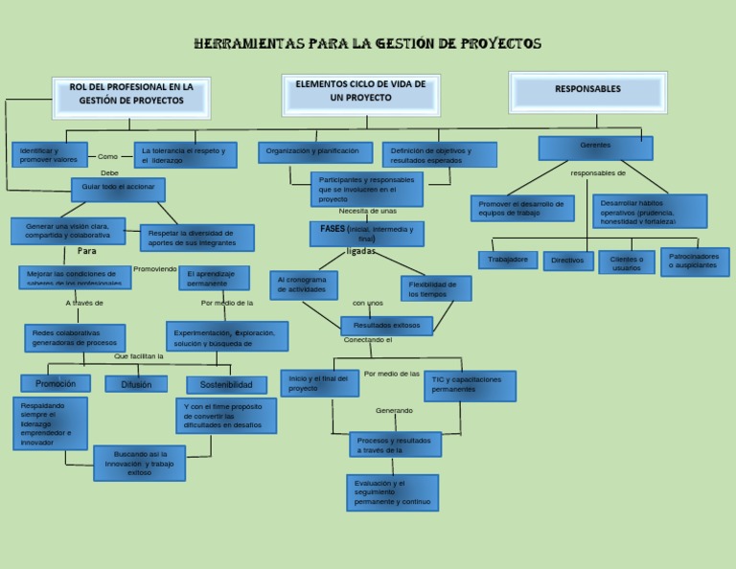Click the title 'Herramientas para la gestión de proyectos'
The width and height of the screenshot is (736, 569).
coord(367,44)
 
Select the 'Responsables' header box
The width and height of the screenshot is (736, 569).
coord(587,92)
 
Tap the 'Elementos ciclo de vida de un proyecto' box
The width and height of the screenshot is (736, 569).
coord(360,94)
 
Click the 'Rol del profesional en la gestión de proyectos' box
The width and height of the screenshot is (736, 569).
coord(131,96)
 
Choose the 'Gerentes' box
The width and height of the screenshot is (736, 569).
coord(595,148)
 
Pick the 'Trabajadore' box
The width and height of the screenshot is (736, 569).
coord(507,260)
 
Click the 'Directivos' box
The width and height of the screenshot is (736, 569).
coord(567,261)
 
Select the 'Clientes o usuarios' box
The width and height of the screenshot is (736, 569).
coord(626,262)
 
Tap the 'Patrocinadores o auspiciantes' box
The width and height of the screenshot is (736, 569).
coord(694,262)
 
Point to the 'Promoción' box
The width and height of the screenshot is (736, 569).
coord(56,383)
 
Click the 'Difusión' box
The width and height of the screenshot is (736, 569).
coord(136,384)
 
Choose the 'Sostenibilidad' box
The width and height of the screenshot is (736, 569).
coord(226,385)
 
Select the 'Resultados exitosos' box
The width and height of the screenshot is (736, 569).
coord(386,326)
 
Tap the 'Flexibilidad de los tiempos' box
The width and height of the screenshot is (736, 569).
coord(435,288)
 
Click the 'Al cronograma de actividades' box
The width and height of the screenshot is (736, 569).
coord(305,284)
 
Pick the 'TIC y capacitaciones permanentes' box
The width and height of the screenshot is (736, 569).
coord(469,385)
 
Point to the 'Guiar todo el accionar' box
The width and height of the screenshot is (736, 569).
coord(118,189)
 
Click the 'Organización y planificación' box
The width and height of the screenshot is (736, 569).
coord(314,152)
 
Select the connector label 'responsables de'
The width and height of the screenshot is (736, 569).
coord(598,173)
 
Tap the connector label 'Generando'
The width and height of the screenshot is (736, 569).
coord(394,411)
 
